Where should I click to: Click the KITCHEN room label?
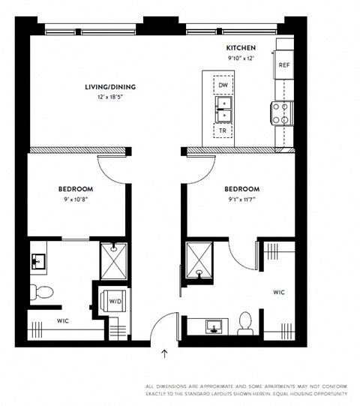[231, 47]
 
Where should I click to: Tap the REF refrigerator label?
[284, 66]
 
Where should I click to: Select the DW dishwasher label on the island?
[223, 86]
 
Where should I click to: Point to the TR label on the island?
[223, 131]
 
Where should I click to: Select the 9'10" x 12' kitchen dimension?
[231, 57]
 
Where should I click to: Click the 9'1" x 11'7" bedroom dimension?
[241, 200]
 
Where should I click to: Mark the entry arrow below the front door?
[165, 350]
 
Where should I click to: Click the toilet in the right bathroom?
[244, 324]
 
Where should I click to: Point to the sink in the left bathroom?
[38, 261]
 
